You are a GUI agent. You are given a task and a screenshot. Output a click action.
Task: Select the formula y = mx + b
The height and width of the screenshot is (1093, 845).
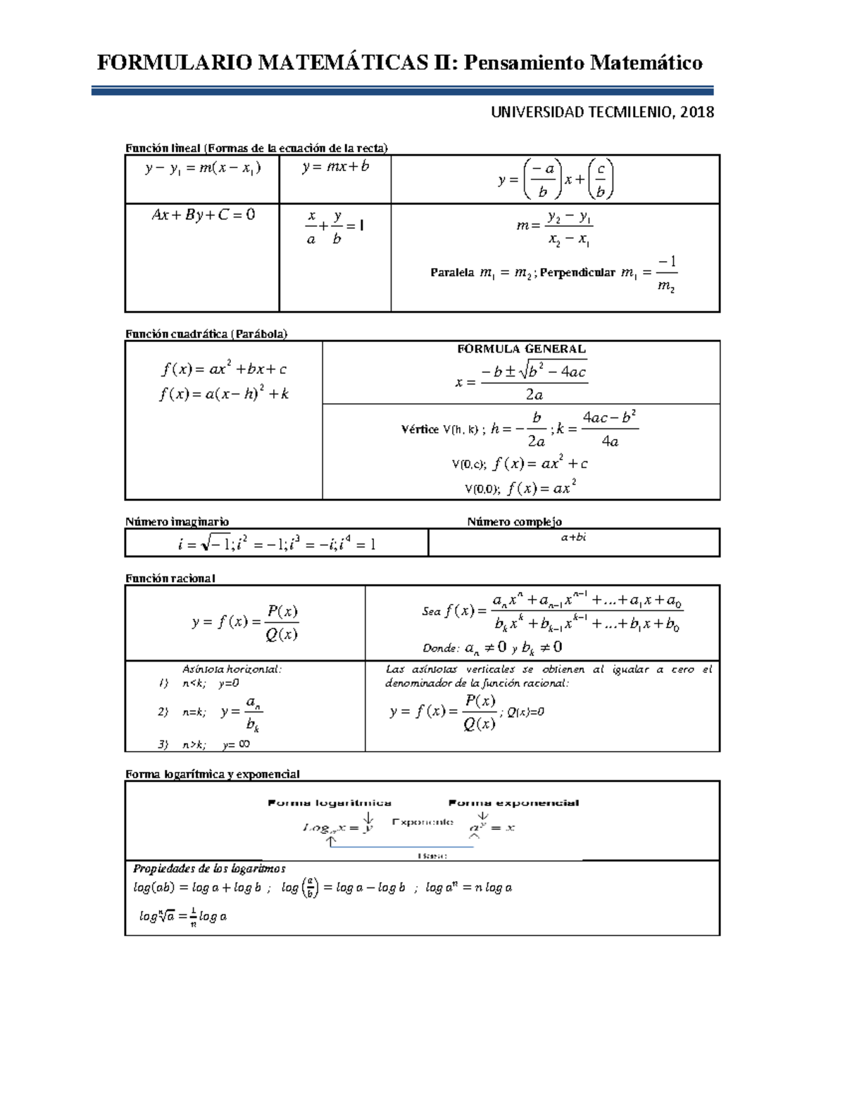click(x=335, y=168)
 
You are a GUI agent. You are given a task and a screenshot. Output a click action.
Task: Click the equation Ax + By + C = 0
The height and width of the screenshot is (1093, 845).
click(x=203, y=215)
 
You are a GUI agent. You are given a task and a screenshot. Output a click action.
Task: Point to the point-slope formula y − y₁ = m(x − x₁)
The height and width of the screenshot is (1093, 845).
click(x=203, y=168)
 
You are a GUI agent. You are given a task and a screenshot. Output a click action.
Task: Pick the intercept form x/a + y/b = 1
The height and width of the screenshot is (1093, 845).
click(x=334, y=228)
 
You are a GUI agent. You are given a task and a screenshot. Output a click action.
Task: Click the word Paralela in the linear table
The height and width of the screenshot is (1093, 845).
click(x=451, y=273)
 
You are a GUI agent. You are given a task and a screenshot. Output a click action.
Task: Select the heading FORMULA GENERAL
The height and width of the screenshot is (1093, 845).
click(x=521, y=349)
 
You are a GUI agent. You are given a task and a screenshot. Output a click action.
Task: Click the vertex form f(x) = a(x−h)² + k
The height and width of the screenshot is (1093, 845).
click(x=224, y=394)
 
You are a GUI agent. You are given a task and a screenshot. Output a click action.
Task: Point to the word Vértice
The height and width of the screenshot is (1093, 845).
click(x=420, y=429)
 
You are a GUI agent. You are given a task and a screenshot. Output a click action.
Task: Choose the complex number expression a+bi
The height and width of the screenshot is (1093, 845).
click(x=573, y=538)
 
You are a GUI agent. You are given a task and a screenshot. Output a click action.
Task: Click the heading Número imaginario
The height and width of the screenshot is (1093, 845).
click(x=177, y=522)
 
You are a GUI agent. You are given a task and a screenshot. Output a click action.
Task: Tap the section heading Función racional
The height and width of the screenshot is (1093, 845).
click(x=170, y=578)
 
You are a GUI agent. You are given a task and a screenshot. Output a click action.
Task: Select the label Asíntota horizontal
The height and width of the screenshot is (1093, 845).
click(x=232, y=669)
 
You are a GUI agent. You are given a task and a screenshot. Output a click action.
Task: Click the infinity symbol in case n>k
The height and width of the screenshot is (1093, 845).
click(x=244, y=744)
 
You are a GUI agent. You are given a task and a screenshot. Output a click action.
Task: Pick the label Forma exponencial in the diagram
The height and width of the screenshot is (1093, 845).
click(x=513, y=803)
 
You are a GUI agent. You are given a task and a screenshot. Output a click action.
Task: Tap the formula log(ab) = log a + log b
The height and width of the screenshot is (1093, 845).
click(x=197, y=888)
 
